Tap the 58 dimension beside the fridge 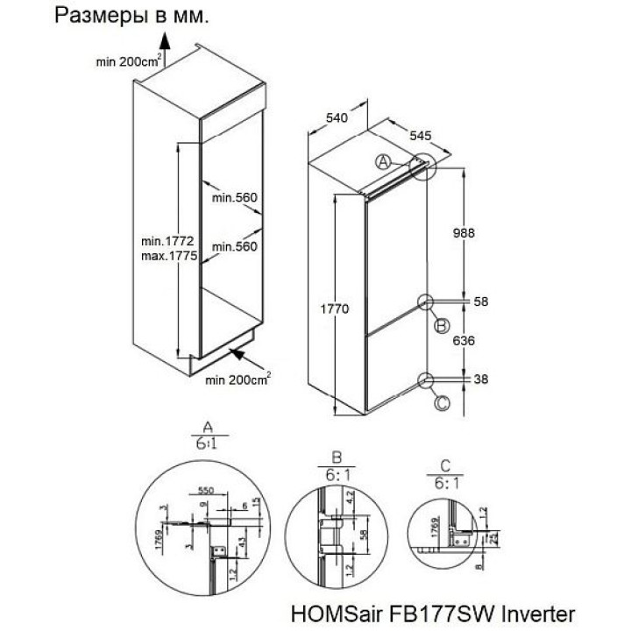click(x=479, y=301)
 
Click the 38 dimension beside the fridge click(x=479, y=379)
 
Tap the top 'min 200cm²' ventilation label click(x=127, y=60)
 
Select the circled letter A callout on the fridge click(x=382, y=161)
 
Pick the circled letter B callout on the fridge click(x=441, y=326)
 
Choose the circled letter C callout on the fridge click(x=441, y=404)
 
